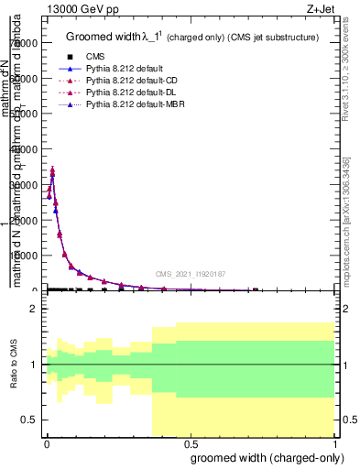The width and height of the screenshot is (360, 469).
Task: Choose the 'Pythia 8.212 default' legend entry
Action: pos(127,70)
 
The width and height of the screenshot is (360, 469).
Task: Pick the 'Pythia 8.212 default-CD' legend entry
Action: pos(134,82)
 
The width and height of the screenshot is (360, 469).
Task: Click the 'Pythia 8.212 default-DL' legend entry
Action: pos(134,93)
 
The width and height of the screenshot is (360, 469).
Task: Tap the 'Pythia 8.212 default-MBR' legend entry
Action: pos(136,105)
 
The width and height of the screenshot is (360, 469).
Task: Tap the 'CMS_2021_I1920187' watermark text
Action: pos(190,273)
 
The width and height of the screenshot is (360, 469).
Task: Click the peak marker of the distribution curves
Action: pos(52,170)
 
